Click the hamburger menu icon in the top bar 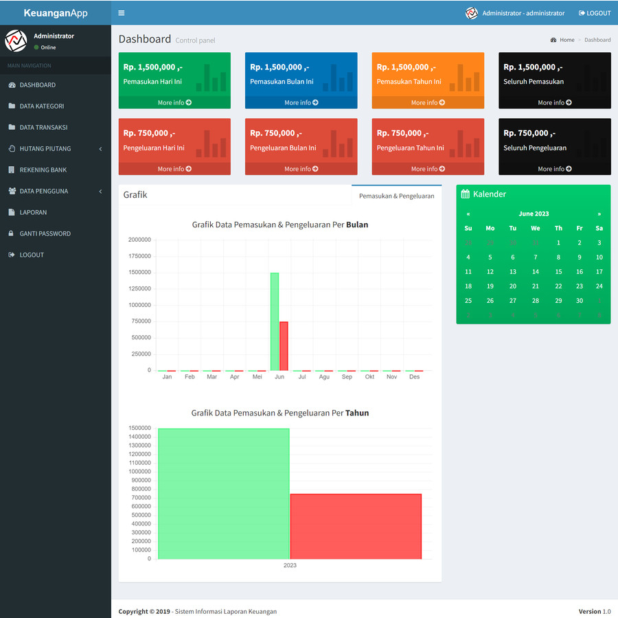(122, 13)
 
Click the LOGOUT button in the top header (595, 13)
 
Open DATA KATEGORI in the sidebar (41, 106)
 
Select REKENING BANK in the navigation (43, 170)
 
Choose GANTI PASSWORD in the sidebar (45, 233)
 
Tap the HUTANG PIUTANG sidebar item (45, 148)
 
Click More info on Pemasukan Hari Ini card (174, 103)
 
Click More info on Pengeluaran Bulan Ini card (301, 169)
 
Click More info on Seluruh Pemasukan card (554, 103)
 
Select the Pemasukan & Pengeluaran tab (396, 196)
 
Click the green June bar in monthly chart (275, 321)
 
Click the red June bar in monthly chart (284, 346)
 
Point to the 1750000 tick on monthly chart (140, 256)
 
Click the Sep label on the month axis (347, 377)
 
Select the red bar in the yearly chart (356, 526)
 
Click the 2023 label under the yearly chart (290, 565)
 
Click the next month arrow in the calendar (599, 214)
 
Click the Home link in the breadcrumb (566, 40)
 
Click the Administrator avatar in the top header (472, 13)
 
